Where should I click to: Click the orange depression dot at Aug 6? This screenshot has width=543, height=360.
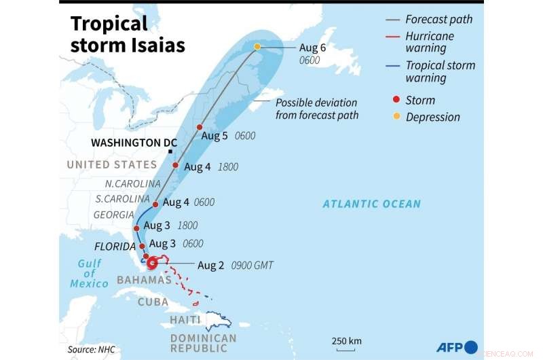tap(257, 47)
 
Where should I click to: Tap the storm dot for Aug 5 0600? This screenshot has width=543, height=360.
tap(200, 127)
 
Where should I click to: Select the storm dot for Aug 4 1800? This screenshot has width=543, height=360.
tap(176, 165)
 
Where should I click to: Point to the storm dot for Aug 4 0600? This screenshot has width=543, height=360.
tap(156, 204)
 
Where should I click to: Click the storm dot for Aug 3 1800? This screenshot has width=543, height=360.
tap(136, 228)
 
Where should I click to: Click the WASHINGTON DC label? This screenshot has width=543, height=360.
tap(134, 143)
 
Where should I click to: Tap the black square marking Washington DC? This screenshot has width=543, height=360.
tap(170, 151)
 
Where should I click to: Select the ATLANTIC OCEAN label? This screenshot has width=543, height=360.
tap(371, 204)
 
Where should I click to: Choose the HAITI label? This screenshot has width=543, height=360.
tap(185, 320)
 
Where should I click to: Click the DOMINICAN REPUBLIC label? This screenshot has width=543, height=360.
tap(203, 344)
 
